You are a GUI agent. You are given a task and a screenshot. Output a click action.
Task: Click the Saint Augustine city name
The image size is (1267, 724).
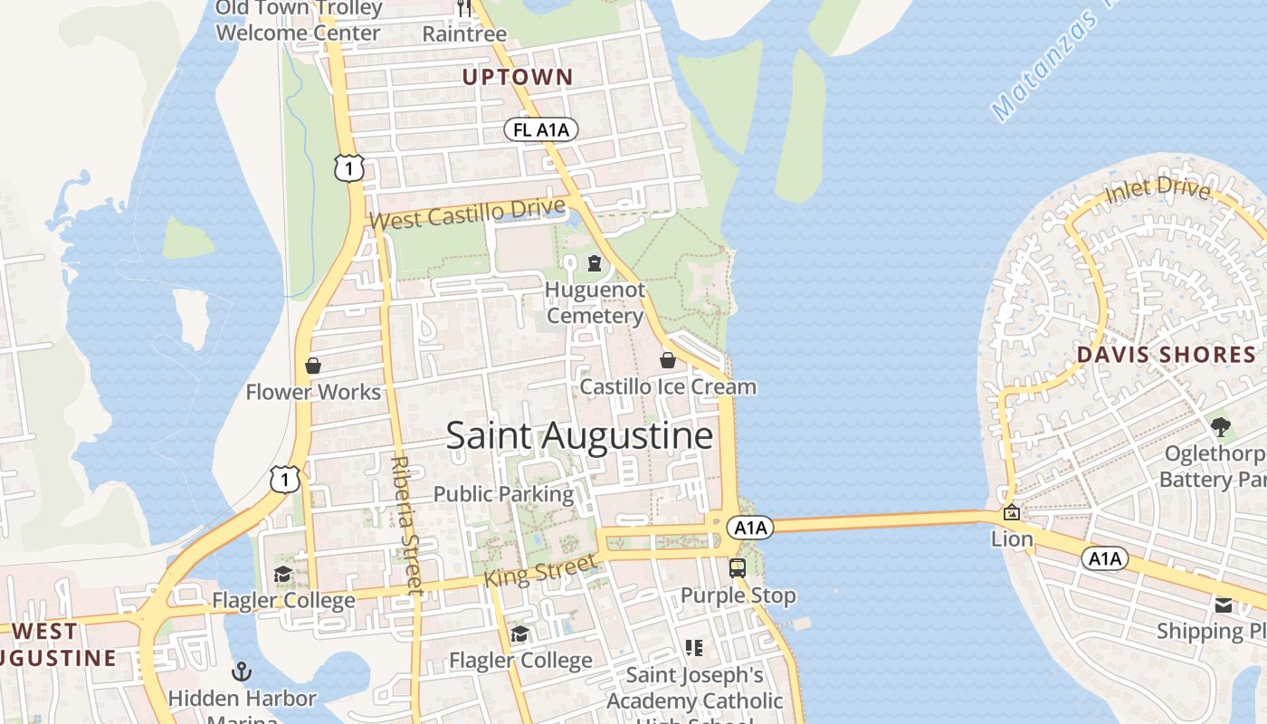[579, 436]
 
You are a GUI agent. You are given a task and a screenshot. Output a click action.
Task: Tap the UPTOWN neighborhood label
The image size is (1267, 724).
[518, 78]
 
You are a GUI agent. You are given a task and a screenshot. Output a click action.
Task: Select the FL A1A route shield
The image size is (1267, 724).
[541, 130]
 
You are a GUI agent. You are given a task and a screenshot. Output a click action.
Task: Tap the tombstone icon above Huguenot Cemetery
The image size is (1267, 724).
[595, 263]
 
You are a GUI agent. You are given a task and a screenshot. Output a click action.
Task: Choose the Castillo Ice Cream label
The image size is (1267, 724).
[668, 387]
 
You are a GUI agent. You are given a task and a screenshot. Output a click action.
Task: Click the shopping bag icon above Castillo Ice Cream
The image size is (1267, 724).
[668, 360]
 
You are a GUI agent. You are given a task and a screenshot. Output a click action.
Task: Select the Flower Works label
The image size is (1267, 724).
[313, 392]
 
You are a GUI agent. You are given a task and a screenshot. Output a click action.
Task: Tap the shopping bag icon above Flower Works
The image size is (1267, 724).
[313, 366]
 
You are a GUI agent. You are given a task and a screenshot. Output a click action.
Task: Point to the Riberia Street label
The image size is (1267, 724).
[406, 525]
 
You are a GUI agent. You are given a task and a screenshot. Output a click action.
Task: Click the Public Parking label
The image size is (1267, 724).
[503, 494]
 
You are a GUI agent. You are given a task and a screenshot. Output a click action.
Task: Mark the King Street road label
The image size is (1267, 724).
[540, 572]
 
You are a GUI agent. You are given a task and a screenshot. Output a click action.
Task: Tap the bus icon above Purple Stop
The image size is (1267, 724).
[738, 568]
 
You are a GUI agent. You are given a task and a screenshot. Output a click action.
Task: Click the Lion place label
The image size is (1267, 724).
[1012, 539]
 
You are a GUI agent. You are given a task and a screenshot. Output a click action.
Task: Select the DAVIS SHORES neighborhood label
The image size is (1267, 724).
[1166, 355]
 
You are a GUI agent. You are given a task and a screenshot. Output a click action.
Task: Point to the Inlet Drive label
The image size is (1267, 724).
[1157, 191]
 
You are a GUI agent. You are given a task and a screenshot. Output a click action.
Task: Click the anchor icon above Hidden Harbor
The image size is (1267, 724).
[242, 672]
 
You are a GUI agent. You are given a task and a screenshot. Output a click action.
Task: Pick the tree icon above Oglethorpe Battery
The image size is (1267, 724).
[1220, 425]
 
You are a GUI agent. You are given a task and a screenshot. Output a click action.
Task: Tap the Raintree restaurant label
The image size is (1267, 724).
[465, 34]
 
